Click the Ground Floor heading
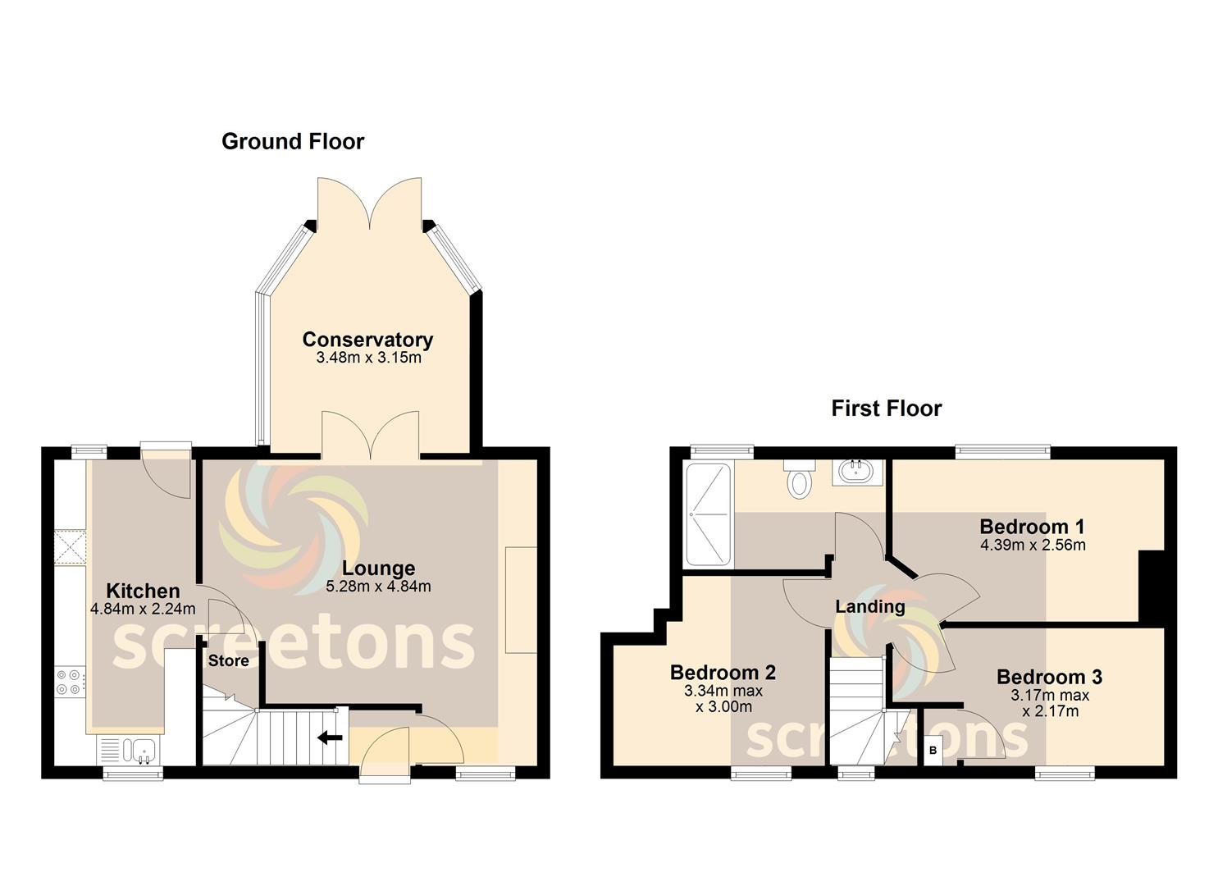(x=293, y=141)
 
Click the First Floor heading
(x=887, y=409)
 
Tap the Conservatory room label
(x=367, y=340)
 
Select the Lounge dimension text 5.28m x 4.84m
(x=378, y=587)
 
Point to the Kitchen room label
(x=143, y=591)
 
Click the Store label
(x=228, y=661)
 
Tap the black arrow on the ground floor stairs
(x=330, y=738)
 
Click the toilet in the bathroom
(x=800, y=479)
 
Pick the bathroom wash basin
(x=856, y=471)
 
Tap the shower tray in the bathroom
(x=709, y=514)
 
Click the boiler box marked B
(x=933, y=751)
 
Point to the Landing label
(x=870, y=606)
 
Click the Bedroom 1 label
(x=1032, y=527)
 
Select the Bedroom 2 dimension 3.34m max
(x=723, y=692)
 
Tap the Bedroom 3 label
(x=1049, y=677)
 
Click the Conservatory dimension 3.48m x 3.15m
(x=368, y=358)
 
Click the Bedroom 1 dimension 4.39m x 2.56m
(x=1033, y=545)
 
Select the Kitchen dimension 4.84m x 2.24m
(x=143, y=610)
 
